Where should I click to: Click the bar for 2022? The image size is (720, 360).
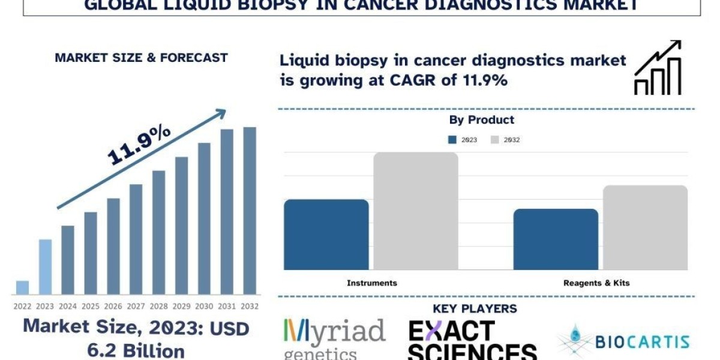tap(22, 287)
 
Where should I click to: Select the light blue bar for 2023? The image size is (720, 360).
tap(45, 267)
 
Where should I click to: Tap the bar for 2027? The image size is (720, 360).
tap(136, 239)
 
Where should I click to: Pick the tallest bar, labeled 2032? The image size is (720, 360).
tap(249, 211)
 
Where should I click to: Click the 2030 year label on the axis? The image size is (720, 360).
tap(204, 306)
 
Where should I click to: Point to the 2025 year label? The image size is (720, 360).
tap(91, 306)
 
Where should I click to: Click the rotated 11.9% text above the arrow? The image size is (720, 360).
tap(139, 146)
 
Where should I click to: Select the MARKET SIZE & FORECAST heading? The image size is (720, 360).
tap(141, 58)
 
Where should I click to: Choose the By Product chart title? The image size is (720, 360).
tap(481, 120)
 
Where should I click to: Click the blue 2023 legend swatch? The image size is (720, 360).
tap(452, 140)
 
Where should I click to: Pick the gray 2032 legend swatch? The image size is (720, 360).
tap(495, 140)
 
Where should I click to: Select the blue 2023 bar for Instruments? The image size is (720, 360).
tap(326, 234)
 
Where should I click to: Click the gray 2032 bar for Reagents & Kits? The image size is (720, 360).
tap(645, 227)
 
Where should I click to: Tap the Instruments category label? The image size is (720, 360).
tap(372, 283)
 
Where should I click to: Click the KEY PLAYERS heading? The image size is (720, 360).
tap(475, 309)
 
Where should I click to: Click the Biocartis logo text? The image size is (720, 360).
tap(642, 342)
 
